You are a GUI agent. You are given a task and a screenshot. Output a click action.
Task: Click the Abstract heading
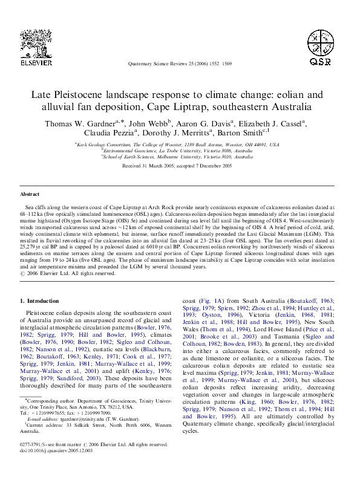tap(30, 194)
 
